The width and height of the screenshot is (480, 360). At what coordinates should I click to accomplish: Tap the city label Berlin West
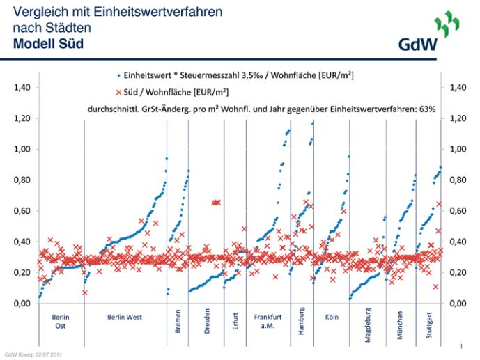pyautogui.click(x=125, y=318)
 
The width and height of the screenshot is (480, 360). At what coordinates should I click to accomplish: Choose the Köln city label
pyautogui.click(x=332, y=318)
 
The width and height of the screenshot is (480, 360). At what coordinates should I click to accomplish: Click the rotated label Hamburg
pyautogui.click(x=301, y=324)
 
